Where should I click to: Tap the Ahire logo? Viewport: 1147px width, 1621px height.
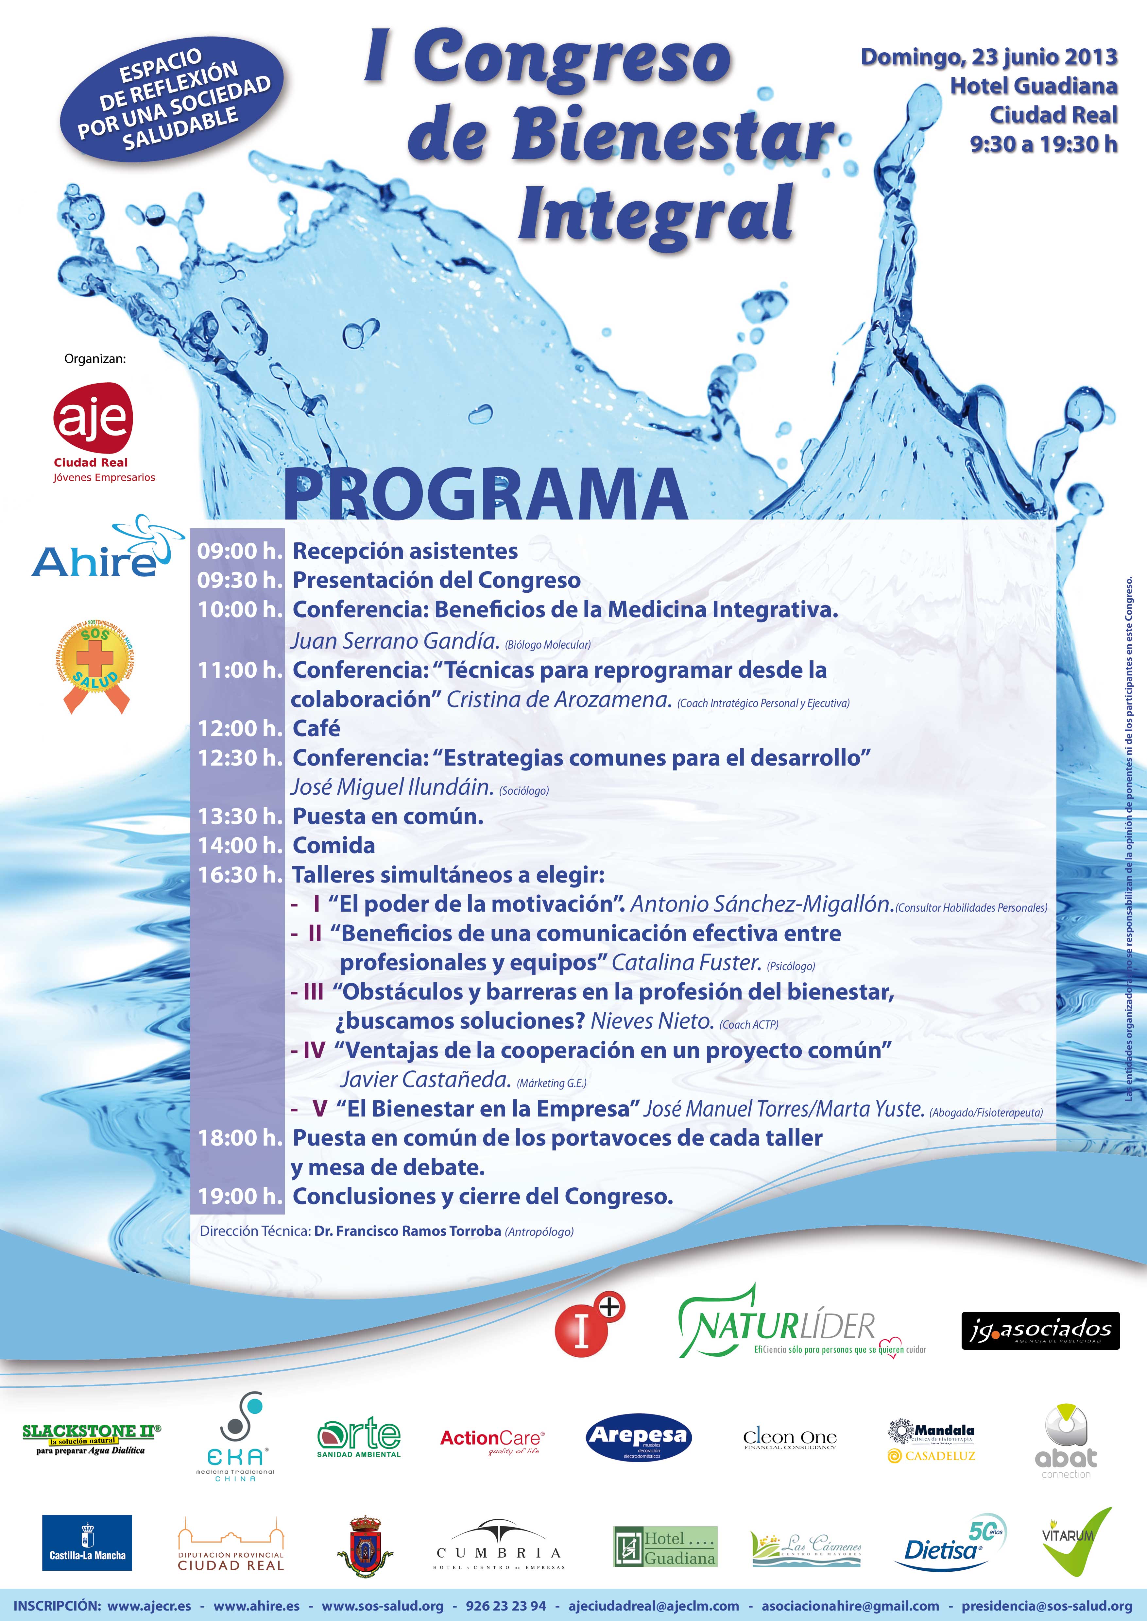tap(99, 549)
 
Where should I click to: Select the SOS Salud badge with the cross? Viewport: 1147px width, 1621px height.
tap(95, 664)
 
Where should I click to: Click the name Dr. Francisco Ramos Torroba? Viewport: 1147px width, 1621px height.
tap(407, 1231)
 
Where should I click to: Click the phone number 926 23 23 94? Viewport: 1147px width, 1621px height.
tap(506, 1605)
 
